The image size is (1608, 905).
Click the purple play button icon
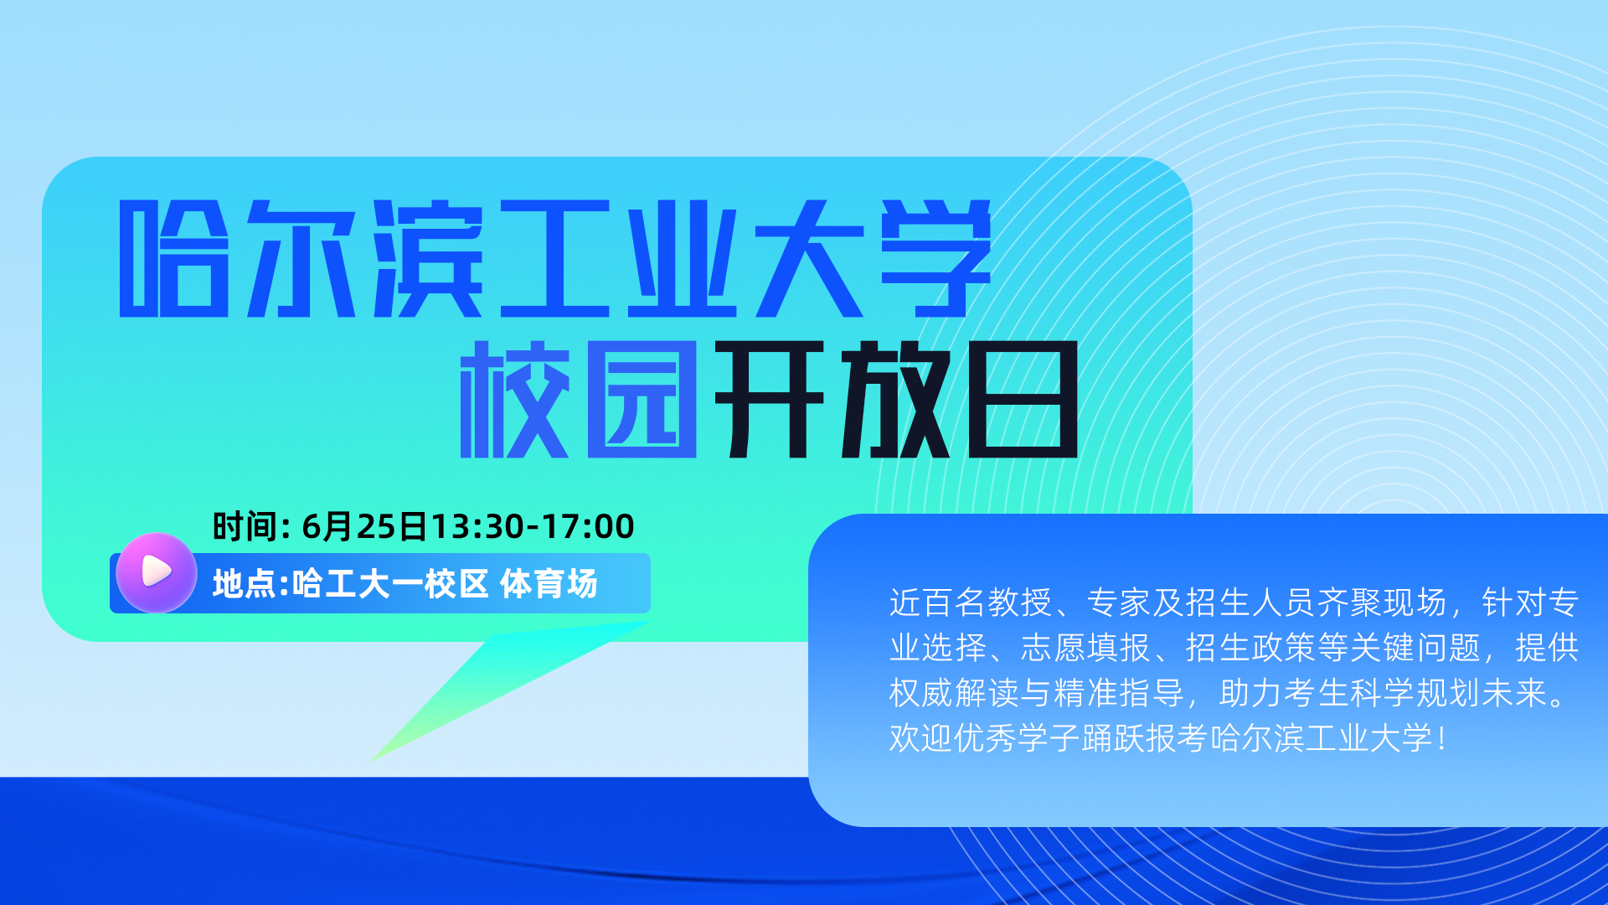(x=157, y=572)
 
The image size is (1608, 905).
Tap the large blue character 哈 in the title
(x=174, y=258)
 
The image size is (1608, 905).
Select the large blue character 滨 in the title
(x=428, y=258)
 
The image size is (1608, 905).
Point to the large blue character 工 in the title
(x=555, y=258)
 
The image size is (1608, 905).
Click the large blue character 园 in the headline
(x=642, y=399)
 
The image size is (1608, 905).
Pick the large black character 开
(x=770, y=399)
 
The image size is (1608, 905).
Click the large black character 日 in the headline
(x=1023, y=399)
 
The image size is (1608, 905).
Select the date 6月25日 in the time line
(x=364, y=526)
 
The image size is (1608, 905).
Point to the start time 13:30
(x=477, y=526)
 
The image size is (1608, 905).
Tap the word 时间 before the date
(x=245, y=526)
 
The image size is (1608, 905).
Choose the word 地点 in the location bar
(x=245, y=583)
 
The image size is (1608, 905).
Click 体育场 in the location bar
(x=549, y=583)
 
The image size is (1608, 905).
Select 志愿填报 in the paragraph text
(x=1085, y=648)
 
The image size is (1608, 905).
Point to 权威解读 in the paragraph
(x=954, y=693)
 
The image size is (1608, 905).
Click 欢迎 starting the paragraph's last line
(x=921, y=738)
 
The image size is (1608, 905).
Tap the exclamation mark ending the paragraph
(x=1441, y=738)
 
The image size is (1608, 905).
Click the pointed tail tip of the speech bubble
(x=371, y=761)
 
